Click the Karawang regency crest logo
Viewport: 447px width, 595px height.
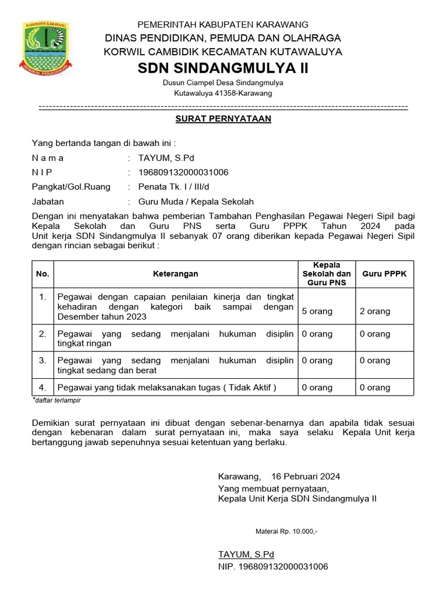[x=46, y=48]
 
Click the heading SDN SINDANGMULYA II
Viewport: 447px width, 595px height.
[x=223, y=69]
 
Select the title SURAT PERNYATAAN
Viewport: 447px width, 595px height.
[x=223, y=119]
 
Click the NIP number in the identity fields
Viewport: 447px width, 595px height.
[x=183, y=173]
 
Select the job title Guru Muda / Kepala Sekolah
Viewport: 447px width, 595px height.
[x=196, y=202]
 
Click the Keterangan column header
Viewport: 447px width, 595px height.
[x=175, y=274]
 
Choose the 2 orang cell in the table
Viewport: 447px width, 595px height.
[x=375, y=311]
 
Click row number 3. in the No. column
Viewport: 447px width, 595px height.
[x=42, y=360]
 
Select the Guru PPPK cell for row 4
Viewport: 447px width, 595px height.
[x=375, y=388]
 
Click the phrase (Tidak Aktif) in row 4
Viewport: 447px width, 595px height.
[x=252, y=388]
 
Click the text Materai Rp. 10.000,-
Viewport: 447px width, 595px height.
[x=286, y=531]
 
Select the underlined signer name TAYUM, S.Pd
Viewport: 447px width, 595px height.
[x=246, y=554]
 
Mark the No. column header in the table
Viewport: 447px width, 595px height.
[x=42, y=274]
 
